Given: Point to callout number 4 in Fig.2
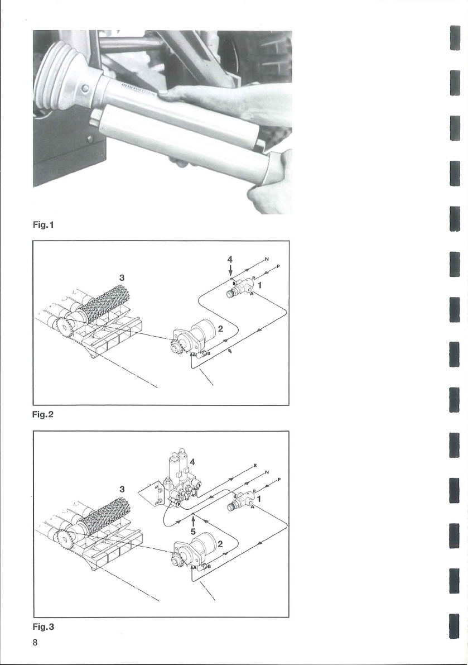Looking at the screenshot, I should tap(230, 260).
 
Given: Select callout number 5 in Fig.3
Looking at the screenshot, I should tap(192, 532).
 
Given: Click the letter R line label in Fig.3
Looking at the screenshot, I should tap(254, 465).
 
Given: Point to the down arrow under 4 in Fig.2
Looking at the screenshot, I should tap(230, 271).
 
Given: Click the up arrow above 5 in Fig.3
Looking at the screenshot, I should tap(192, 520).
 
